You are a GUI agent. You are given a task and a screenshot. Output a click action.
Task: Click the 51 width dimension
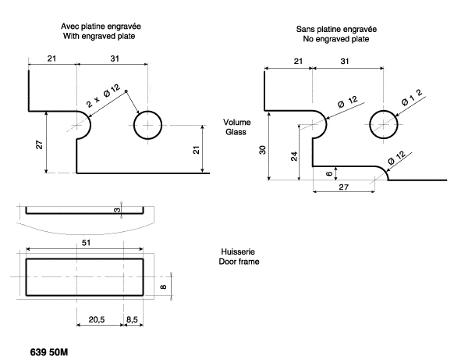[x=84, y=243]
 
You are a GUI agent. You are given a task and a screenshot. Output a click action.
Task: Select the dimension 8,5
[x=133, y=320]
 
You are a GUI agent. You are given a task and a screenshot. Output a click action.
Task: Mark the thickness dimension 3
[x=117, y=209]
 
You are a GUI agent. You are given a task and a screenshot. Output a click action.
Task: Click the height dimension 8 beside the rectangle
[x=163, y=287]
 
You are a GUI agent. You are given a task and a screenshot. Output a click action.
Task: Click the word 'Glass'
[x=234, y=133]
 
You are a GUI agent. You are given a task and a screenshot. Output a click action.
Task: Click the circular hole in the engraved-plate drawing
[x=147, y=125]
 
